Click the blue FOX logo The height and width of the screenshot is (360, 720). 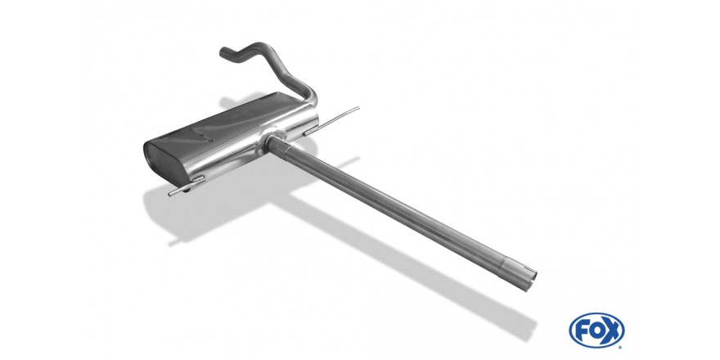point(596,331)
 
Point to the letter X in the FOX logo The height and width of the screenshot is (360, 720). point(612,331)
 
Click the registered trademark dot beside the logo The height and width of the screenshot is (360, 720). point(623,347)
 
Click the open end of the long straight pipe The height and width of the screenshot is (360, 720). point(531,280)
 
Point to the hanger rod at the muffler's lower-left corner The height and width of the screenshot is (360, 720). point(187,186)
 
